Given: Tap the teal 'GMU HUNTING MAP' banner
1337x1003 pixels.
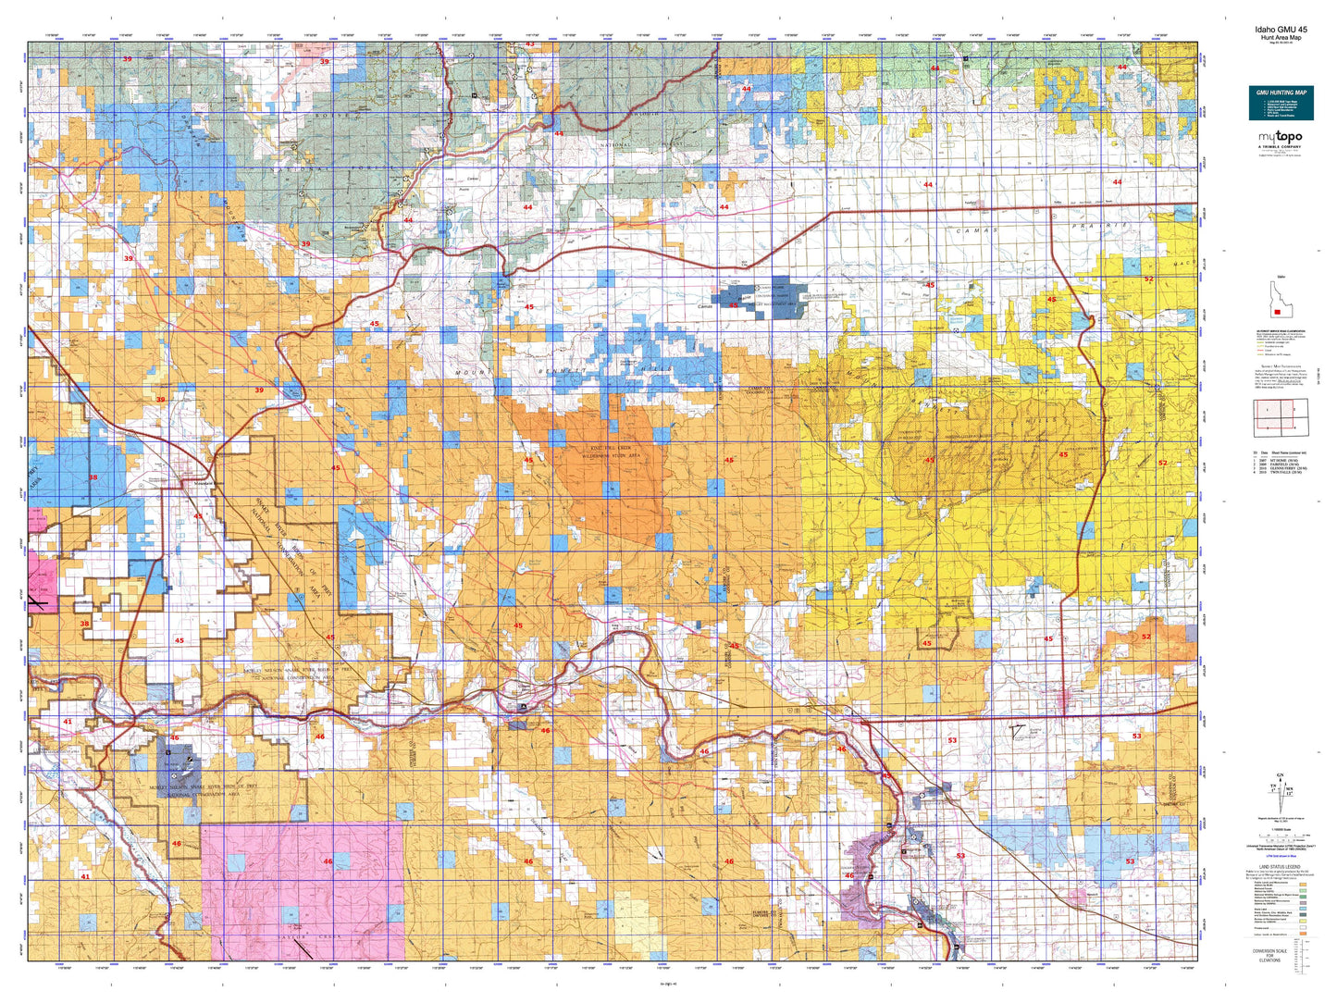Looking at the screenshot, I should (1281, 93).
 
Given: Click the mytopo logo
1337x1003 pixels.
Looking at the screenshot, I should (1279, 139).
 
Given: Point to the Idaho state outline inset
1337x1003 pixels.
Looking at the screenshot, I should (1281, 297).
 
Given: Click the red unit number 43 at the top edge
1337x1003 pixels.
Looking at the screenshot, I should (530, 43).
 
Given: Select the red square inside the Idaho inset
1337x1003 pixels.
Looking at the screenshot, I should (1277, 312).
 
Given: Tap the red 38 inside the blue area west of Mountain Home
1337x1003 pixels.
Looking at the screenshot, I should (93, 477).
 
